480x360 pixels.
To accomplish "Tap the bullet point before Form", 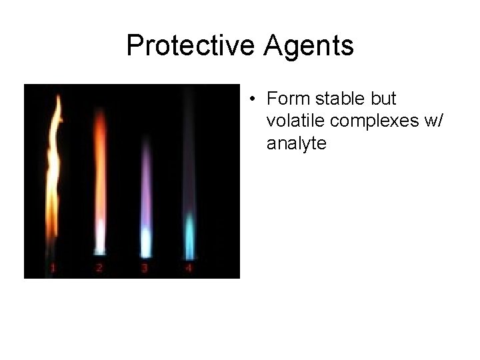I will pyautogui.click(x=251, y=100).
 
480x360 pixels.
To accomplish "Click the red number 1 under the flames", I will pyautogui.click(x=53, y=269).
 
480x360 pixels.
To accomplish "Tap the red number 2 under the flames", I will pyautogui.click(x=99, y=269).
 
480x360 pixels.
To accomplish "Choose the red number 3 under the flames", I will pyautogui.click(x=144, y=269).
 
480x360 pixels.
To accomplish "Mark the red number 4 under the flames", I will pyautogui.click(x=189, y=269).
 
